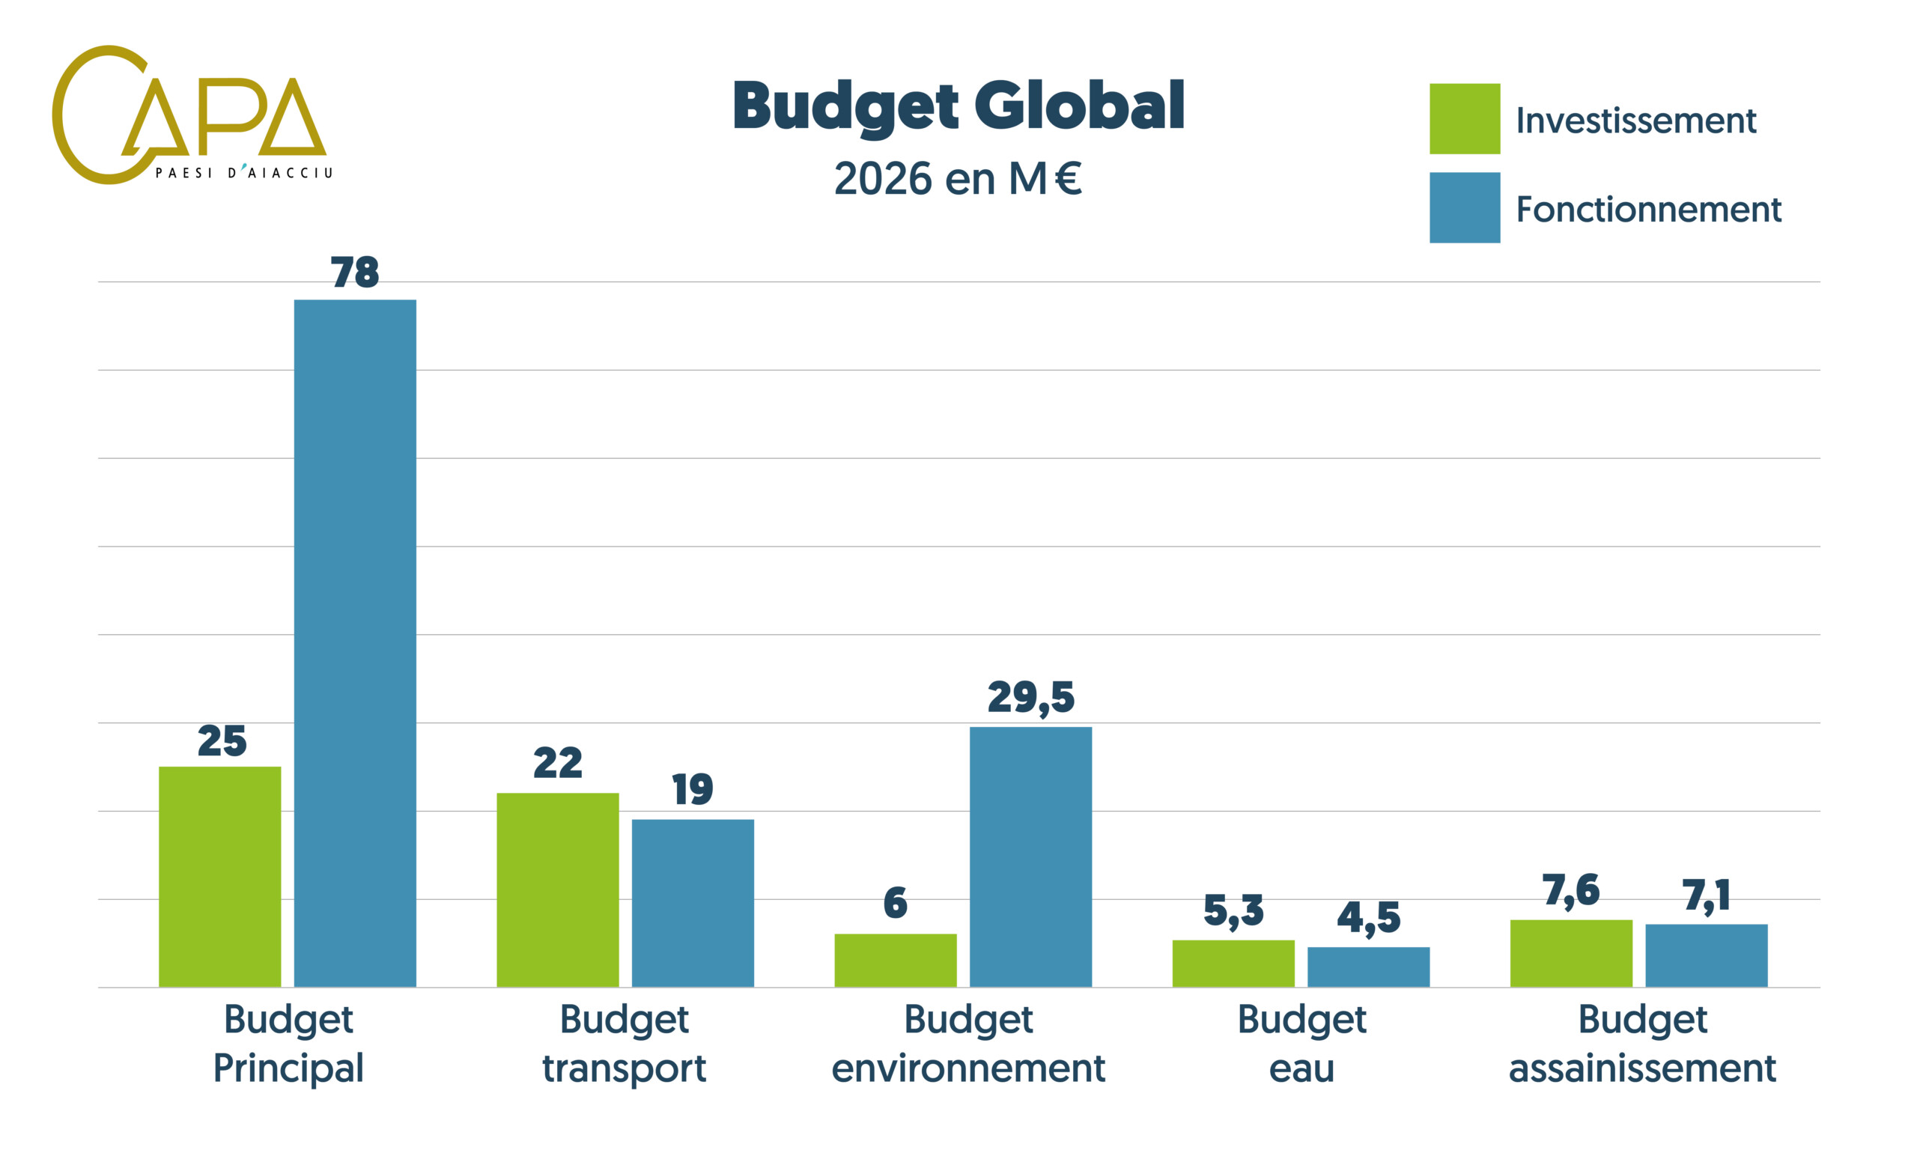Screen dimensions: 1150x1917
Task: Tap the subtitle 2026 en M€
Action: click(958, 179)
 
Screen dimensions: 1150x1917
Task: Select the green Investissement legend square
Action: click(1464, 118)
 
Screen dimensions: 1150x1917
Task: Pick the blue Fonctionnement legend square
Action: click(1464, 207)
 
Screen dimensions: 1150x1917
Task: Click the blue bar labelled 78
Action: click(355, 643)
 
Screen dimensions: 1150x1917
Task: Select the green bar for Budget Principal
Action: click(220, 877)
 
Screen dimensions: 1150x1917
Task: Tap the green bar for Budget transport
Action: click(558, 889)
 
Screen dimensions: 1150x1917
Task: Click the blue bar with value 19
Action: click(693, 903)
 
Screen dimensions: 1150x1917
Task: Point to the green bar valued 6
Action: click(895, 960)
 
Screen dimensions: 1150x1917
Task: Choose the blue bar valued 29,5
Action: click(1030, 857)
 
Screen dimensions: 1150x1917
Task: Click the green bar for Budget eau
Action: click(1233, 964)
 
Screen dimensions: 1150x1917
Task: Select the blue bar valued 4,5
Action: click(1368, 967)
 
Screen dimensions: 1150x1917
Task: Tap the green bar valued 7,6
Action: click(1570, 953)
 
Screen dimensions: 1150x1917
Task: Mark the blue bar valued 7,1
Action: click(1707, 955)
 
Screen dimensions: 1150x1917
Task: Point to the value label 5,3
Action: click(1233, 910)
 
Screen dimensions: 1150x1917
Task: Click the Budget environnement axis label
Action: click(967, 1043)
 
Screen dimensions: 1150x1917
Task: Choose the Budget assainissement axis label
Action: click(1642, 1043)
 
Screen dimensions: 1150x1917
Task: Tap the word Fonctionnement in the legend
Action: click(1648, 209)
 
